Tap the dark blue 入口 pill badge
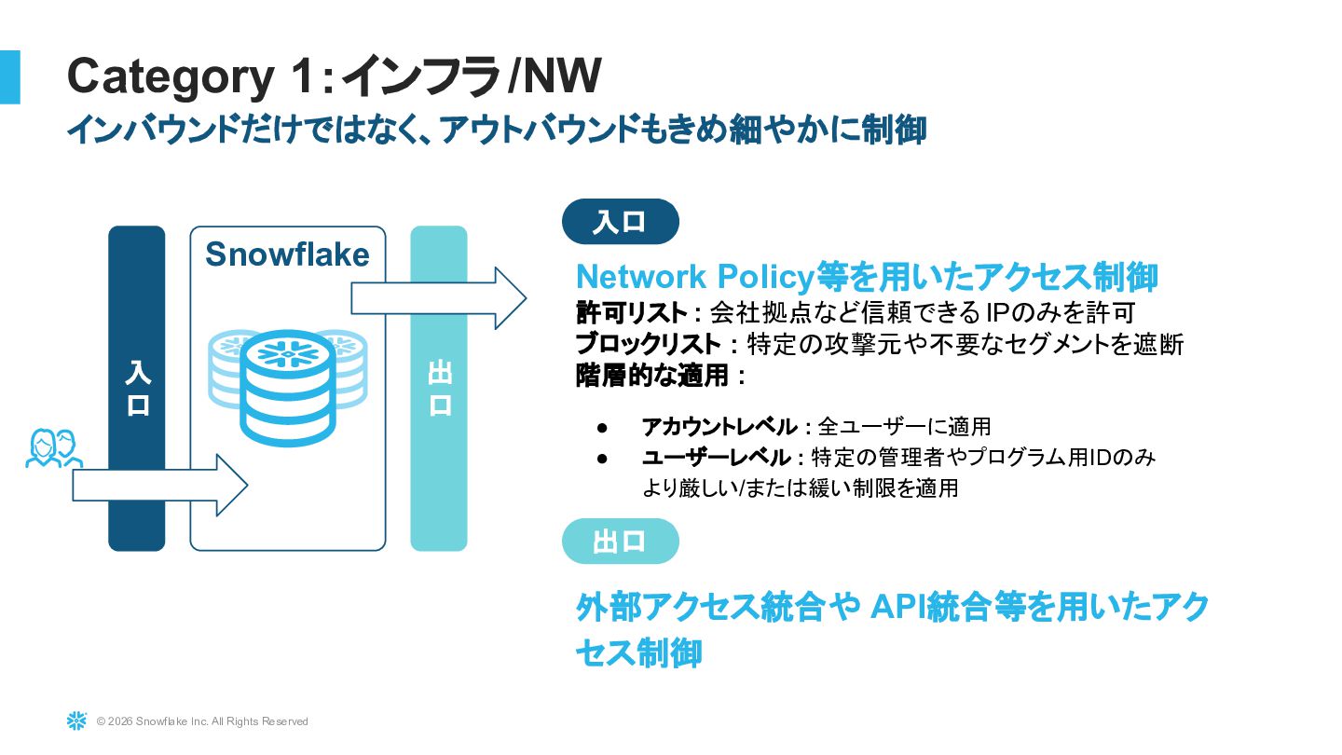(620, 222)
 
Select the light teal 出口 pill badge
(620, 542)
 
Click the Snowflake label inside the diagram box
(287, 254)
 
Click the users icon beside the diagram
(52, 448)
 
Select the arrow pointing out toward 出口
(438, 298)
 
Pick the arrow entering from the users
(159, 486)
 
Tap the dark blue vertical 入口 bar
(137, 388)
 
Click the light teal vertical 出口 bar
(439, 388)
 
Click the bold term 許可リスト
(631, 311)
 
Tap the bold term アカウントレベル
(719, 427)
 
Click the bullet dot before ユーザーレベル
(602, 458)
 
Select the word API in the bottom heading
(896, 607)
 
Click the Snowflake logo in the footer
(76, 721)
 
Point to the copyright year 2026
(118, 721)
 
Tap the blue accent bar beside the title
(9, 76)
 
